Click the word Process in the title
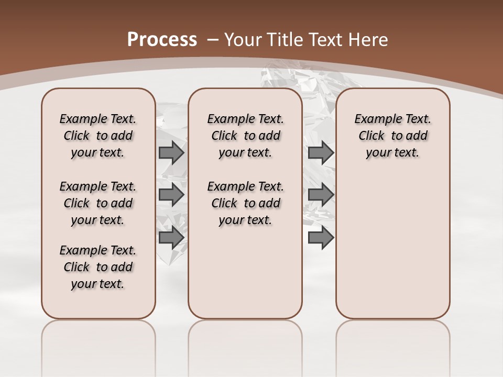coord(162,39)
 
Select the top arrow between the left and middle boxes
coord(171,152)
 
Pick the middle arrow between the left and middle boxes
coord(171,195)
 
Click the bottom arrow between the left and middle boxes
coord(171,238)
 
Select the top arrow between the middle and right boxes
coord(321,152)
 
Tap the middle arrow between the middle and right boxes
coord(321,195)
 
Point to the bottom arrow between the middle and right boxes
coord(321,238)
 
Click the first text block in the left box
coord(98,136)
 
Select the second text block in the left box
coord(98,203)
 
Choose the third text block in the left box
coord(98,267)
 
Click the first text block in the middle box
coord(245,136)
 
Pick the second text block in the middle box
coord(245,203)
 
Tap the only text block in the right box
coord(392,136)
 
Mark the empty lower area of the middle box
coord(245,272)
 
